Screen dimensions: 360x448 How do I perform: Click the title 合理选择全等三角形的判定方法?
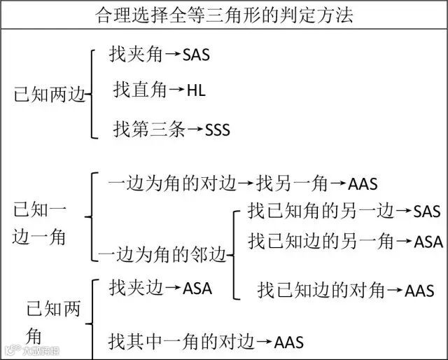click(x=224, y=14)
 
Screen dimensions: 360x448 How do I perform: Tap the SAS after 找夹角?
click(x=195, y=55)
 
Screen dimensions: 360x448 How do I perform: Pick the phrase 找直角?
click(x=140, y=90)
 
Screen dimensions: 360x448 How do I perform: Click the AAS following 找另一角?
click(x=363, y=184)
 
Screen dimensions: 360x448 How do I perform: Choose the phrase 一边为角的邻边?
click(x=162, y=255)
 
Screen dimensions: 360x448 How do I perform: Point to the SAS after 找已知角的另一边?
click(x=427, y=211)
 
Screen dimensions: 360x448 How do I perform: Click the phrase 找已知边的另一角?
click(x=321, y=242)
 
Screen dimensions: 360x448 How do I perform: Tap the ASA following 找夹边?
click(x=197, y=288)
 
